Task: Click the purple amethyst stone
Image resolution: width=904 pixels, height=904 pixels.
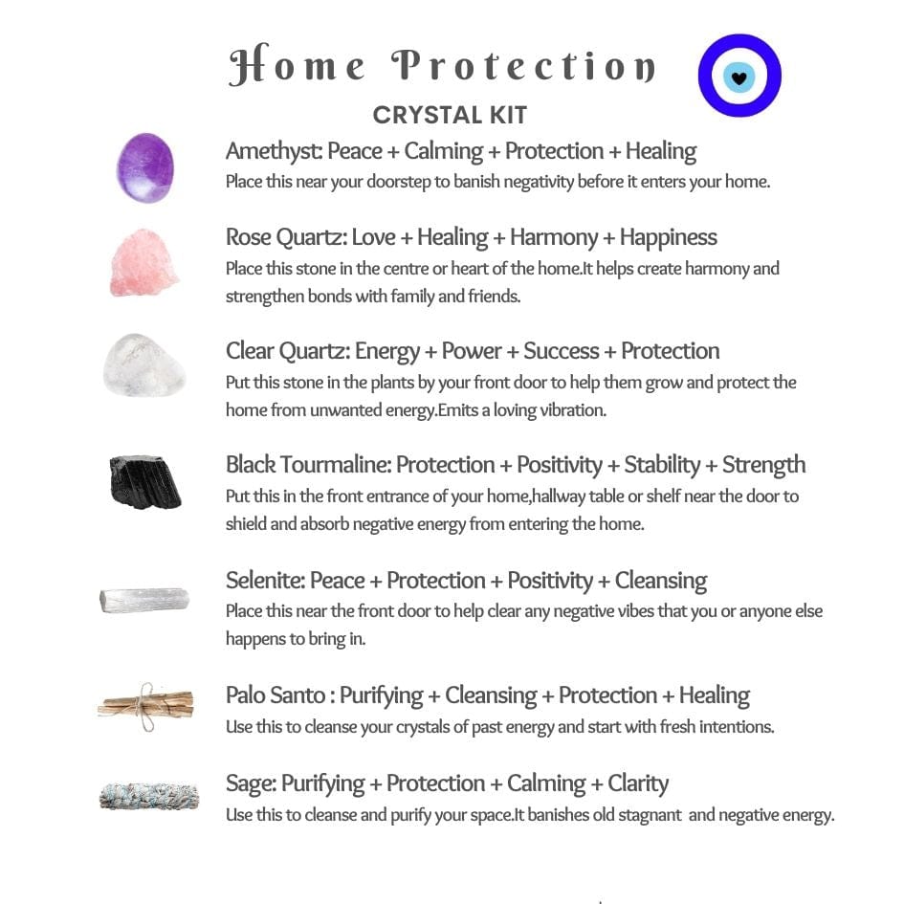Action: [x=145, y=167]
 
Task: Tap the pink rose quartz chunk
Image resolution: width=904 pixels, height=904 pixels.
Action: [x=144, y=263]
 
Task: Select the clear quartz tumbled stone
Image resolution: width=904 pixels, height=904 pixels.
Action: [x=144, y=364]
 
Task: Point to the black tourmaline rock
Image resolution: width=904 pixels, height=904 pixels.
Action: [x=144, y=480]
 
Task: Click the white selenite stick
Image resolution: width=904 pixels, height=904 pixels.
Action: [x=144, y=600]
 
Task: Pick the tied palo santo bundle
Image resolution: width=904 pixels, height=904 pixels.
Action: [x=145, y=704]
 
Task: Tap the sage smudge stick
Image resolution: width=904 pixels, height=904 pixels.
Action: [x=144, y=796]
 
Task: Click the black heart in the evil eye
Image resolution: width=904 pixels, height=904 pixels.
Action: [x=739, y=77]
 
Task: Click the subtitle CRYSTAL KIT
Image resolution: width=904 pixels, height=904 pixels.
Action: [x=450, y=116]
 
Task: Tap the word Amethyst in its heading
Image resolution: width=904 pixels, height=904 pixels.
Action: [x=272, y=151]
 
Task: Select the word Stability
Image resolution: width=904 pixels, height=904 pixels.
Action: [x=664, y=465]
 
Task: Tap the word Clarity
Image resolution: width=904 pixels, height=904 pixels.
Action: [x=638, y=783]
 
